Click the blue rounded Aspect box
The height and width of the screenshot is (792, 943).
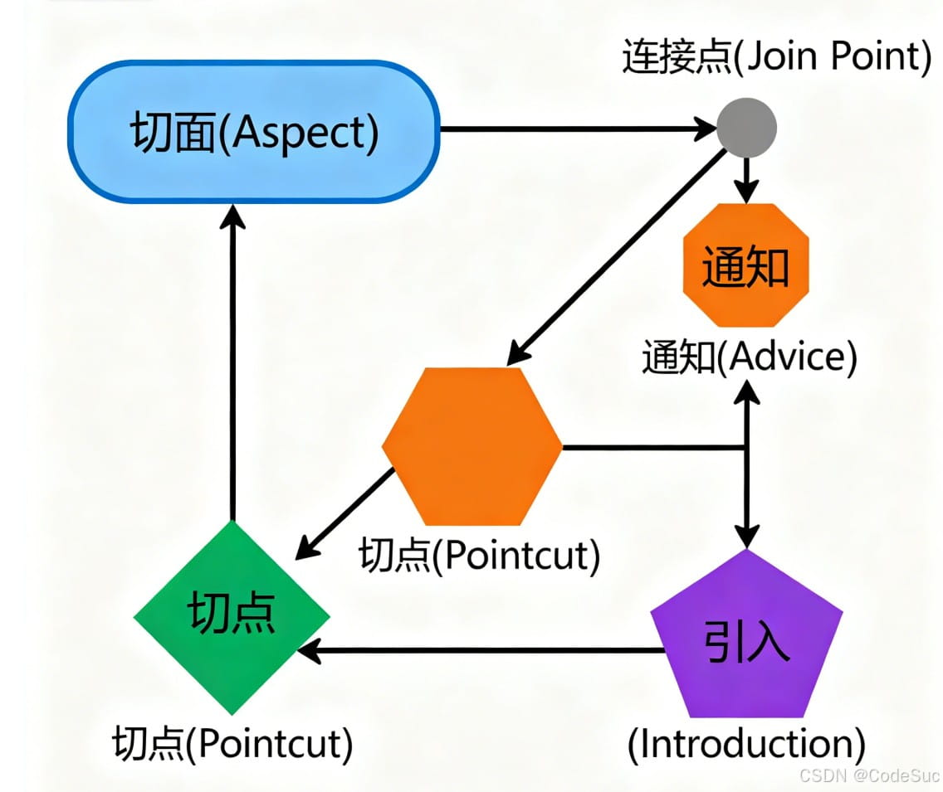(x=253, y=130)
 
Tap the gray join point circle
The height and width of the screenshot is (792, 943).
(x=746, y=129)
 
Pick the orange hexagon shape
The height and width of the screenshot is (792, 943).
(x=471, y=446)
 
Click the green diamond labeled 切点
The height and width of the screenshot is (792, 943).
(x=232, y=615)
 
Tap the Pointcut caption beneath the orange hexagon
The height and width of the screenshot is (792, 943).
(x=479, y=555)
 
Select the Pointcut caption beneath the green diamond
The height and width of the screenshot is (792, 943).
(x=232, y=744)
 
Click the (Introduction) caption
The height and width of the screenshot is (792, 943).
(x=746, y=744)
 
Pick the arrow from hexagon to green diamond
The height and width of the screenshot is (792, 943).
(x=346, y=512)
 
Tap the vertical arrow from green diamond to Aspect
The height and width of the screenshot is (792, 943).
(x=232, y=365)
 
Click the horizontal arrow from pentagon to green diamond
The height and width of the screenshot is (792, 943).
(x=481, y=651)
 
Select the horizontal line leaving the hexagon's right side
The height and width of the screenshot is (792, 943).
(x=652, y=448)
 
